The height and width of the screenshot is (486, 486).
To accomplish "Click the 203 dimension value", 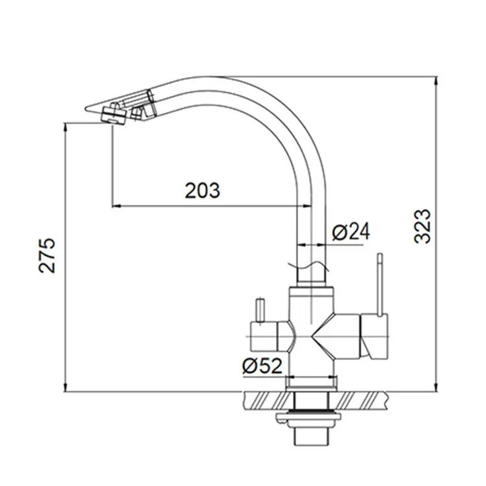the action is click(x=202, y=191).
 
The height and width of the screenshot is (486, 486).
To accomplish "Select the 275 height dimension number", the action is click(x=47, y=256).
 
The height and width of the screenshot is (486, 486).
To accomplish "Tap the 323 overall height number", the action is click(x=422, y=226).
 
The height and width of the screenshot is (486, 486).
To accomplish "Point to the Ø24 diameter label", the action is click(x=351, y=232).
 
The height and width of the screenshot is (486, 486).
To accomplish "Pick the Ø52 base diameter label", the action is click(x=262, y=365).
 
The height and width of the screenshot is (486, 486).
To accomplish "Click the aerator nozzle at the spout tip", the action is click(x=113, y=115).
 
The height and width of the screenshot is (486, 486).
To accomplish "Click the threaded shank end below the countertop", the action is click(x=310, y=436).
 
